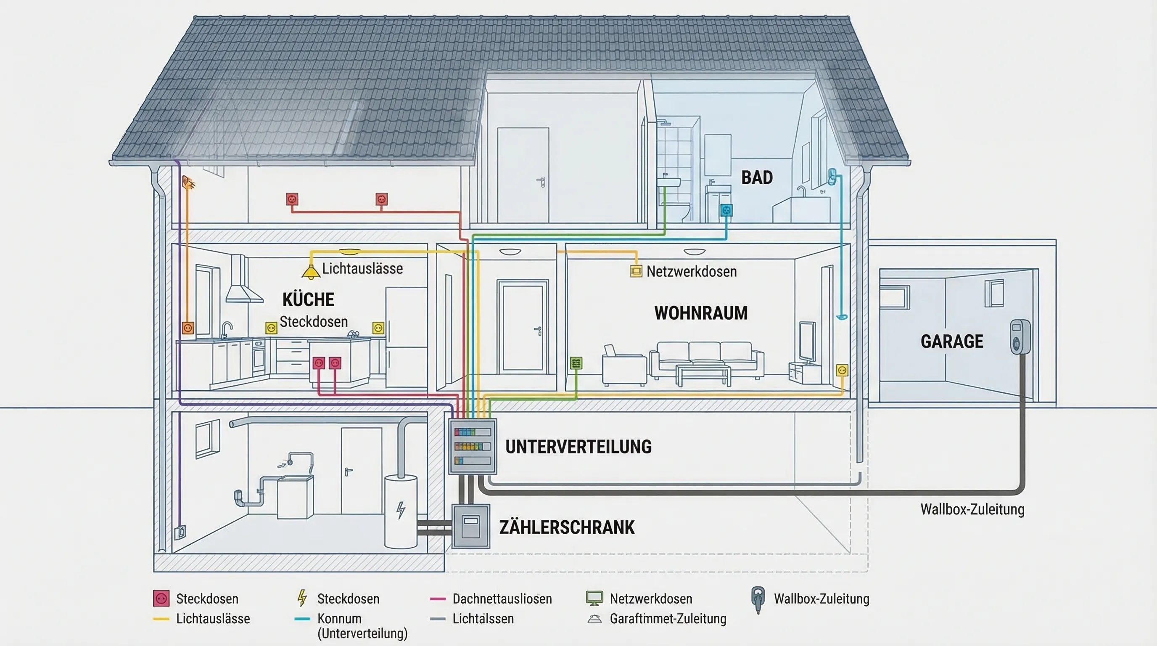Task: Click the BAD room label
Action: click(757, 177)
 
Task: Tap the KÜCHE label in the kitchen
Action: click(308, 299)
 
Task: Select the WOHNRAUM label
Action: click(701, 313)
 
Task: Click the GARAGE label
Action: click(952, 342)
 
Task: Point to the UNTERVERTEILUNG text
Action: click(578, 447)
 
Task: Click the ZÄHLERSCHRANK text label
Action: click(567, 527)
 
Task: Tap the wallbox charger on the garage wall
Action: click(1019, 337)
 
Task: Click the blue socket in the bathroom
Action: click(726, 210)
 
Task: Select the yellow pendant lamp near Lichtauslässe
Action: click(310, 271)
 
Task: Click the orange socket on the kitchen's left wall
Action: click(188, 328)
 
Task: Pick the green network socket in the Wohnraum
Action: click(576, 363)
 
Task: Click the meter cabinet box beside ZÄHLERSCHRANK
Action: click(470, 527)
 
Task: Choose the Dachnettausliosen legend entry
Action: click(502, 599)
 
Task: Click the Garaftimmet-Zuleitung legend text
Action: click(668, 619)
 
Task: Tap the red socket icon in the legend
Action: click(161, 598)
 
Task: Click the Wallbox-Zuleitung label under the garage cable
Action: click(972, 509)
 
